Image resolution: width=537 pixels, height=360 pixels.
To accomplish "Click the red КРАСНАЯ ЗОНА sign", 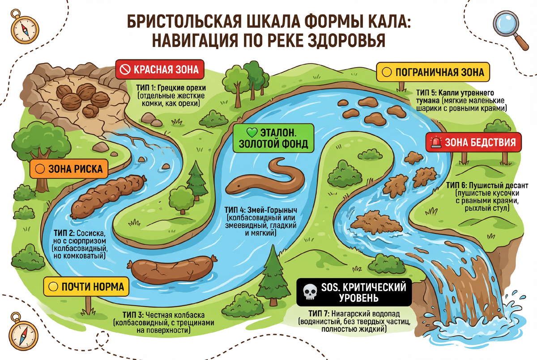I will [x=160, y=69].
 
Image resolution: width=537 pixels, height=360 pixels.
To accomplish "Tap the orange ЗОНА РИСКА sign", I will [x=69, y=169].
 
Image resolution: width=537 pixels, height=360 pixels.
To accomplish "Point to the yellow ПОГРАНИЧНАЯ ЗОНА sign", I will [x=433, y=72].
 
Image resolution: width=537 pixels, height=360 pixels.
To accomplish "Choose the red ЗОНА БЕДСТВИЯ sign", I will [x=473, y=143].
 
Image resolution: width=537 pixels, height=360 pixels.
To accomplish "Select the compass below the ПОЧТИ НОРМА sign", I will [x=17, y=328].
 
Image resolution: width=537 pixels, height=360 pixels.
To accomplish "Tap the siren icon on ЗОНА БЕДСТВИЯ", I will [x=435, y=143].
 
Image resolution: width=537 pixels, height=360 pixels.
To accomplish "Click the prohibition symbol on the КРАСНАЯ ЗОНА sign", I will [x=125, y=69].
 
